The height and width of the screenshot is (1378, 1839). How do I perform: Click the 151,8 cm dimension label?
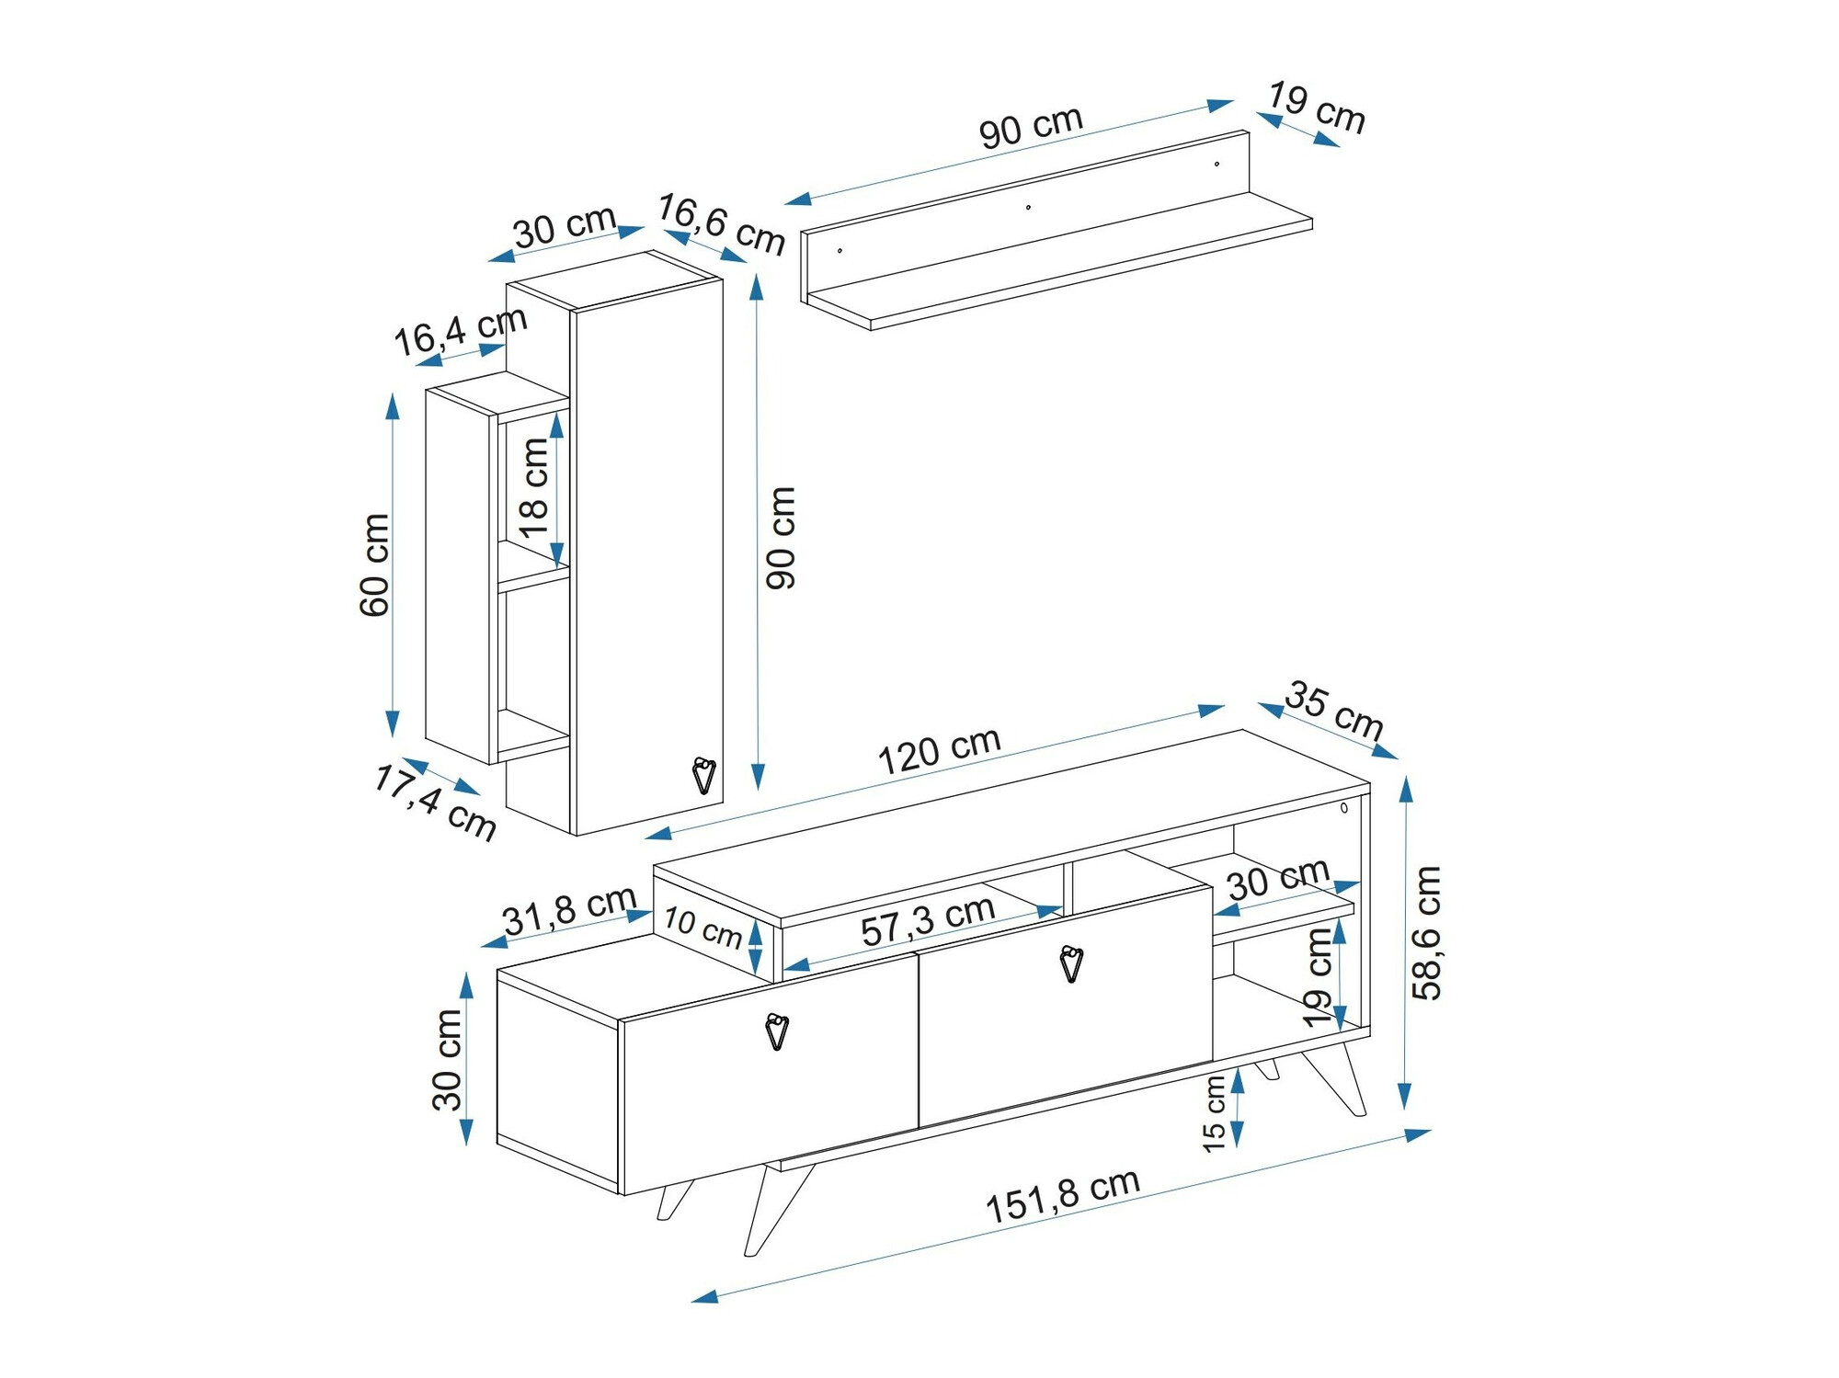coord(1062,1195)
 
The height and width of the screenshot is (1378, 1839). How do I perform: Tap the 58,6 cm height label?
coord(1427,932)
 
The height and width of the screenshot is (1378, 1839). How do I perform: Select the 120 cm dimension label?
coord(939,750)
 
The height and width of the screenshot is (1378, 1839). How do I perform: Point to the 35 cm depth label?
coord(1334,710)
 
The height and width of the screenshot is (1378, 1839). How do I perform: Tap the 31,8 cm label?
coord(569,909)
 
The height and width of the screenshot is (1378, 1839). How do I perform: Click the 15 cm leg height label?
coord(1215,1113)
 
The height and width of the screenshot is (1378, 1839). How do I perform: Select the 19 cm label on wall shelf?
coord(1317,108)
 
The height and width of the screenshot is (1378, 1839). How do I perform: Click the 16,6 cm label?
coord(721,223)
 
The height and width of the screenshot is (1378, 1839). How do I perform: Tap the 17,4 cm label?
coord(435,803)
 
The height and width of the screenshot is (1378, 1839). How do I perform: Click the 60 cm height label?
coord(375,564)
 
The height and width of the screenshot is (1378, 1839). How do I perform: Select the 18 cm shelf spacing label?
coord(534,487)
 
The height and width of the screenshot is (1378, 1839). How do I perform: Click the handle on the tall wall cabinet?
coord(703,775)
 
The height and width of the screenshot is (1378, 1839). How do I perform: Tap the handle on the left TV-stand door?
coord(777,1031)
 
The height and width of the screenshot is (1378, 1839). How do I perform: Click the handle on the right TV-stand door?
coord(1071,964)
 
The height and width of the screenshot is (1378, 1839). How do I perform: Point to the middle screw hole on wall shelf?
coord(1028,207)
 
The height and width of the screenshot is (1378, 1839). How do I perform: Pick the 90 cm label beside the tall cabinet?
coord(781,538)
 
